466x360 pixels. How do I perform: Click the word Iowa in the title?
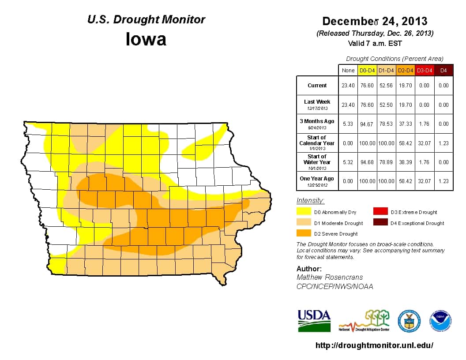click(146, 39)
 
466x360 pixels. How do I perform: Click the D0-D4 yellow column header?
click(367, 70)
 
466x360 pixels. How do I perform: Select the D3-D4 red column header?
click(424, 70)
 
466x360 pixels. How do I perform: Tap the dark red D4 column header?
click(443, 70)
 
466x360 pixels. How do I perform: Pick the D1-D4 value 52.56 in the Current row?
click(386, 86)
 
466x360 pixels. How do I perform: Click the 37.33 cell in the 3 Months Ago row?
click(405, 124)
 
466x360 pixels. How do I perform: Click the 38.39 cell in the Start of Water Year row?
click(405, 162)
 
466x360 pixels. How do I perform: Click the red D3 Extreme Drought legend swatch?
click(382, 212)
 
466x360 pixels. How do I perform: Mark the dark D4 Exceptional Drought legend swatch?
click(382, 223)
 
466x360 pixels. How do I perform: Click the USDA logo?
click(314, 320)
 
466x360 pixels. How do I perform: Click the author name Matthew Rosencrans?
click(330, 277)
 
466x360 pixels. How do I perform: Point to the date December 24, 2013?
click(375, 21)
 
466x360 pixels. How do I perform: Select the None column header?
click(348, 70)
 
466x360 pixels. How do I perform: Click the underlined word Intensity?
click(310, 201)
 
